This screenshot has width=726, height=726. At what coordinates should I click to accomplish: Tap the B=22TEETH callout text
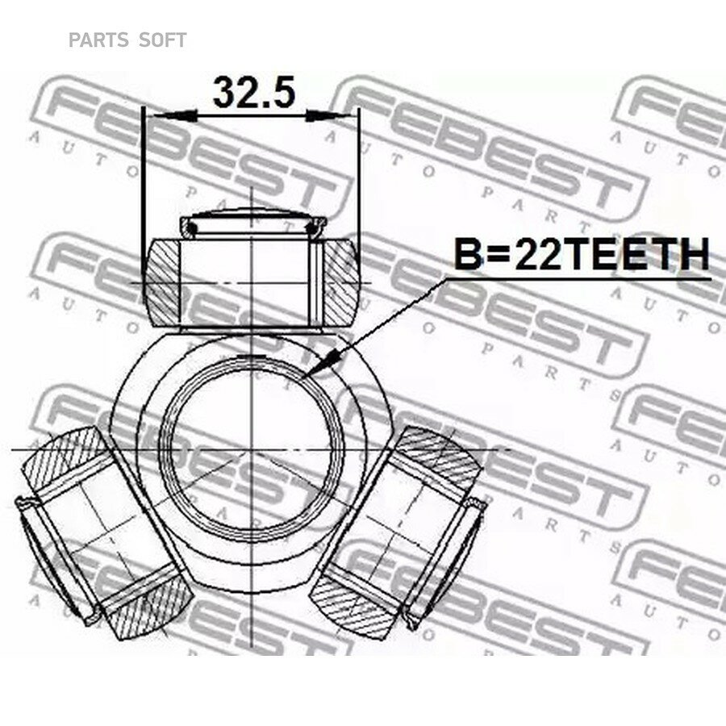point(581,256)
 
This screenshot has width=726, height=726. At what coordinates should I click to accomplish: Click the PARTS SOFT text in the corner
point(127,40)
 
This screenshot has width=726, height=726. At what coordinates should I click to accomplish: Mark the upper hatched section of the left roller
point(65,456)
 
